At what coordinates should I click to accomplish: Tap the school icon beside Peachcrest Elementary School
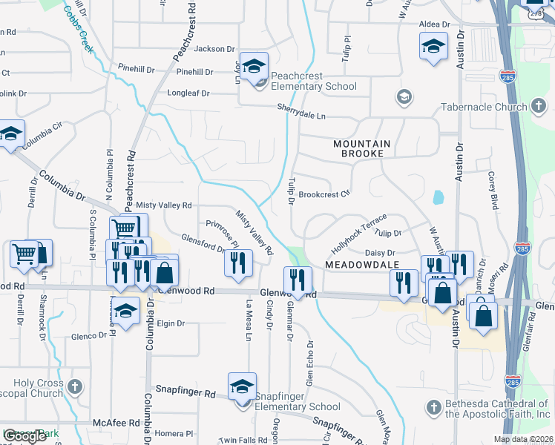pos(254,67)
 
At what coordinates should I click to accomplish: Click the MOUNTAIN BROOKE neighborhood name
pos(358,148)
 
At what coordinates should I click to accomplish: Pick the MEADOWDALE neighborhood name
pos(361,265)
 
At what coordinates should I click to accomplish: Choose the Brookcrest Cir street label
pos(324,194)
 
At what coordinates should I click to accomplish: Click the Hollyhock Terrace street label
pos(360,232)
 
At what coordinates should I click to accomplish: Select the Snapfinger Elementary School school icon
pos(242,387)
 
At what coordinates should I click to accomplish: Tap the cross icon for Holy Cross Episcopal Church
pos(73,387)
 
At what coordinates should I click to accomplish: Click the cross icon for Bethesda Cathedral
pos(434,407)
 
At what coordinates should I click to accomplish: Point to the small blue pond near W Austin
pos(438,197)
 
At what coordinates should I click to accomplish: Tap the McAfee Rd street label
pos(116,423)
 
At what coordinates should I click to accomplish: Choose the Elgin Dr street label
pos(171,323)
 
